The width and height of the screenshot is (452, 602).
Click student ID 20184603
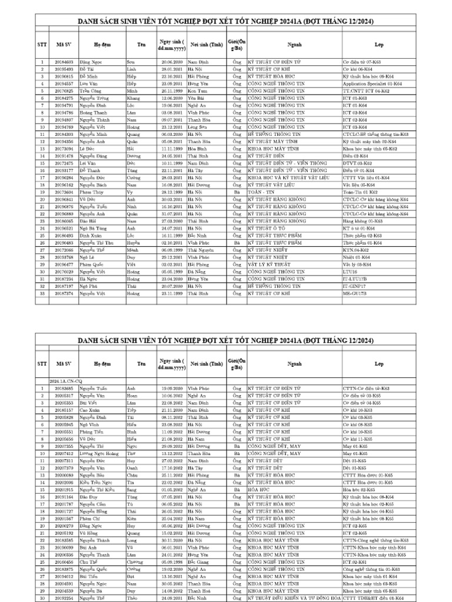point(64,62)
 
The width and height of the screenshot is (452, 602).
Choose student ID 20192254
point(64,597)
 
